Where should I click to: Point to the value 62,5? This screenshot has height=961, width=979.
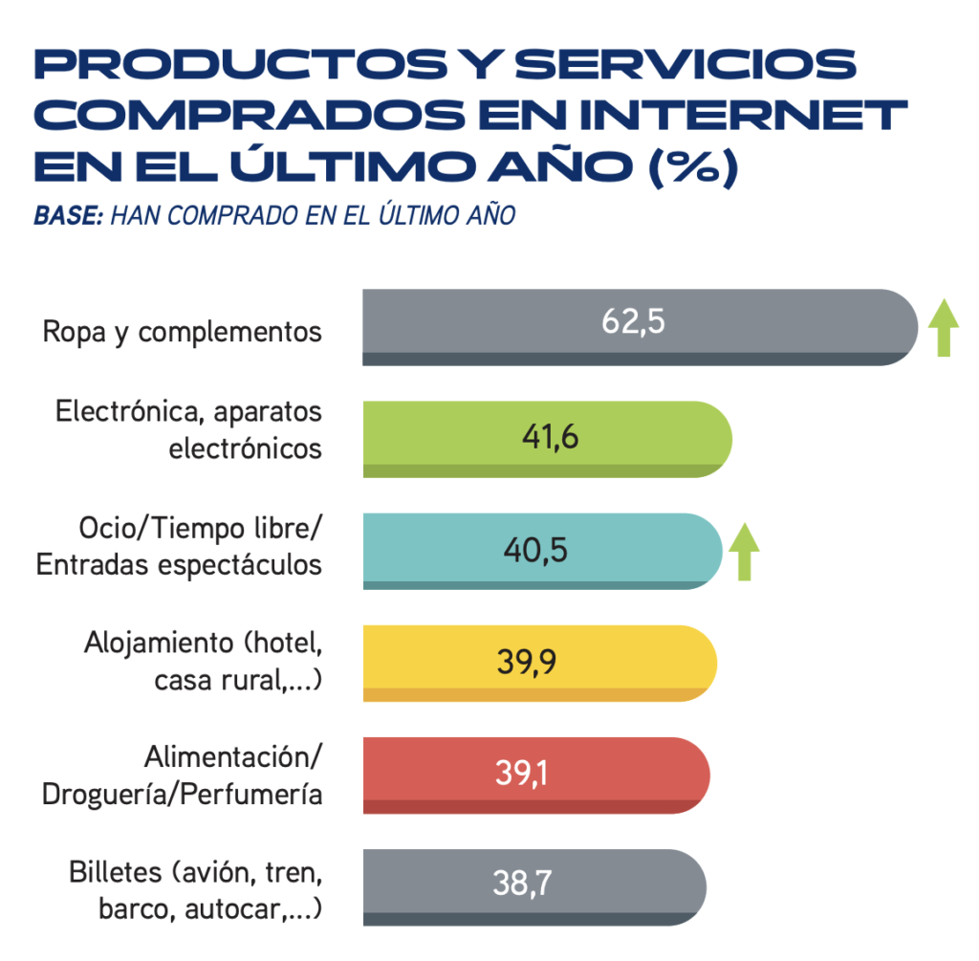point(633,322)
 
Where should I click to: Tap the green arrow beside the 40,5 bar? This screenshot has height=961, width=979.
point(744,553)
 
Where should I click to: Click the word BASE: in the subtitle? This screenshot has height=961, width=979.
point(68,216)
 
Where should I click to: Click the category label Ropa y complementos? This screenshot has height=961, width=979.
point(183,332)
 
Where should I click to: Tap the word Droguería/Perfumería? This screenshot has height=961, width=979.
point(183,796)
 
